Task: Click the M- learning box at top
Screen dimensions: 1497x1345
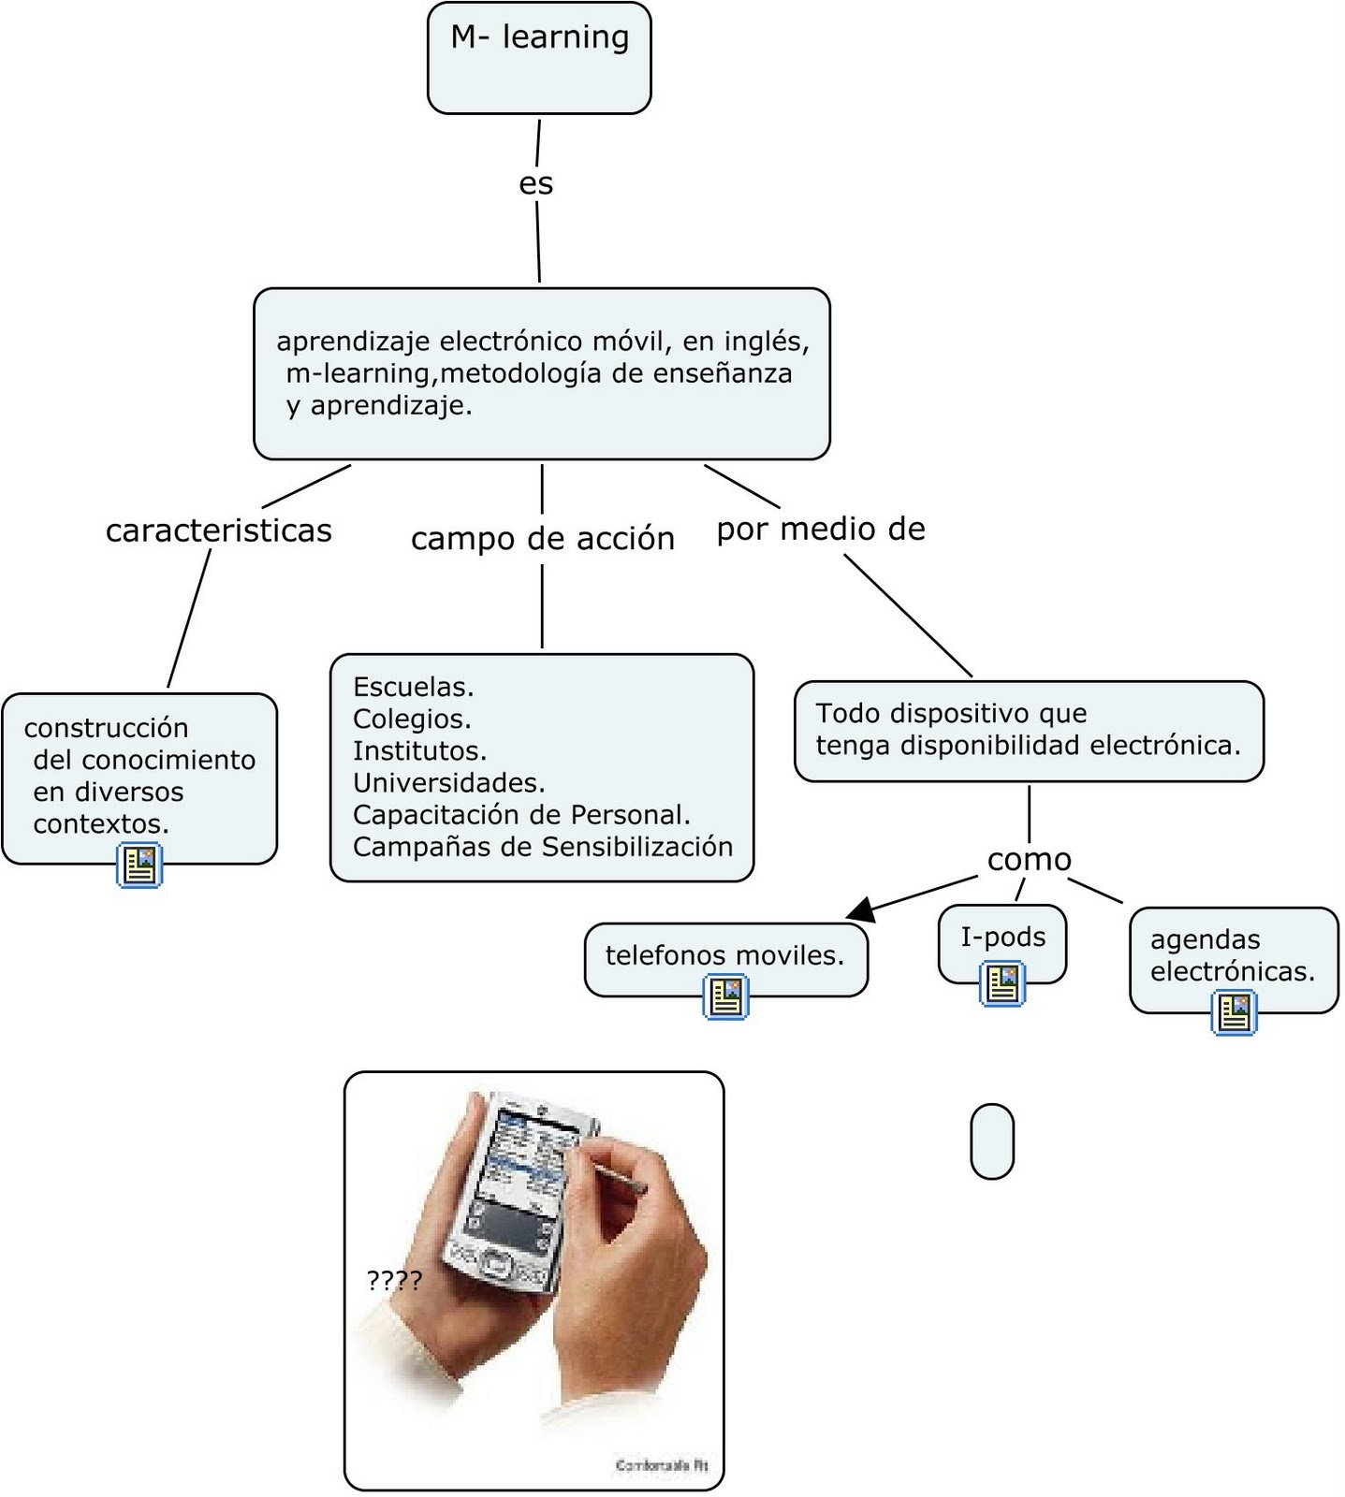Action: coord(539,58)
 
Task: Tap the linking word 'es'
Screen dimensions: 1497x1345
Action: coord(536,183)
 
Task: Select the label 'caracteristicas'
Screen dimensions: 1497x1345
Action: coord(218,530)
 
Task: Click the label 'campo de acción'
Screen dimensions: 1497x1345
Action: coord(542,539)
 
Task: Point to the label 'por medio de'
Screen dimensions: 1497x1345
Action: coord(821,530)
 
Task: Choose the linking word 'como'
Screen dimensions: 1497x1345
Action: coord(1029,859)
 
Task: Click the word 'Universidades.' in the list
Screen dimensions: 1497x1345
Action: coord(448,782)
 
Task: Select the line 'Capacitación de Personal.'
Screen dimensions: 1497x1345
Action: coord(521,815)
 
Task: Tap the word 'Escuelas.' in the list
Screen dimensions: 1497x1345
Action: coord(413,687)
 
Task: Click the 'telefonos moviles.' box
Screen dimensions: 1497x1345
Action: coord(724,955)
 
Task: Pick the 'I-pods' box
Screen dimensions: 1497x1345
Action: coord(1002,937)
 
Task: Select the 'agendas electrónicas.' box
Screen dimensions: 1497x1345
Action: coord(1232,955)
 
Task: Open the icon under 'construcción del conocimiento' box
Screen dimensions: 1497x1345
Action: coord(139,865)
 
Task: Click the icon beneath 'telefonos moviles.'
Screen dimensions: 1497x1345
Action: coord(725,996)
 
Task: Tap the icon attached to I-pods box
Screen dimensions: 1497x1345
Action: coord(1002,984)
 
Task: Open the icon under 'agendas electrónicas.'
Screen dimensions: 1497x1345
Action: coord(1234,1012)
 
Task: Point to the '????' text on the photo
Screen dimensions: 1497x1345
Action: coord(394,1280)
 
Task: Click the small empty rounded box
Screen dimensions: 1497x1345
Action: coord(992,1141)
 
